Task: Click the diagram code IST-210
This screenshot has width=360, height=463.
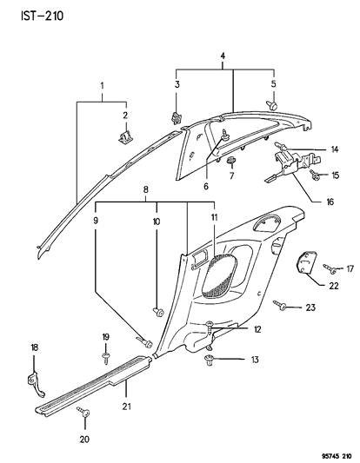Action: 43,16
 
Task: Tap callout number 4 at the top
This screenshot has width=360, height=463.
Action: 223,56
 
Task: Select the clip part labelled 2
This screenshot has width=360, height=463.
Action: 125,136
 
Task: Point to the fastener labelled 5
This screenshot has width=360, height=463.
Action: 272,105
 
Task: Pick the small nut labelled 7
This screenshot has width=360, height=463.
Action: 231,161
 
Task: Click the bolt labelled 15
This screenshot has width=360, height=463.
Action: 314,175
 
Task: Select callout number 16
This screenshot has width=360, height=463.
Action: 330,202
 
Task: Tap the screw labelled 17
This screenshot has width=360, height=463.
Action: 330,268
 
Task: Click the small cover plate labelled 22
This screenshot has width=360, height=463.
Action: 305,262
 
